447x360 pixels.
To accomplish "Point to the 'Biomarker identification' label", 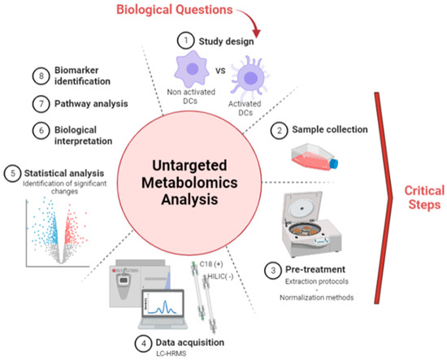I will coord(63,76).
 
